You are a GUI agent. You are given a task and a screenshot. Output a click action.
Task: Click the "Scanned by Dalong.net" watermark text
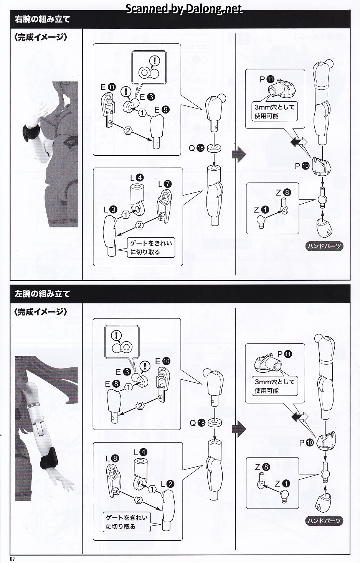tap(184, 9)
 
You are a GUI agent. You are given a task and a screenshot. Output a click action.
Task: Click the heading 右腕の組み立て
tap(42, 19)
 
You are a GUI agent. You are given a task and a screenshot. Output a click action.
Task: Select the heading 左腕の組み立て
tap(42, 294)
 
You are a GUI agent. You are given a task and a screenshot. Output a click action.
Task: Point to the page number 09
tap(13, 559)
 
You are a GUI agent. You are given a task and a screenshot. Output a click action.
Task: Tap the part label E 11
tap(108, 87)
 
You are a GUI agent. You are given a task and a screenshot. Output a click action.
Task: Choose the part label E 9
tap(161, 110)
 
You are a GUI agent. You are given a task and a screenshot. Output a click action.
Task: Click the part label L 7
tap(165, 184)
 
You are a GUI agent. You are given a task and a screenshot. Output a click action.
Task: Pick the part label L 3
tap(109, 209)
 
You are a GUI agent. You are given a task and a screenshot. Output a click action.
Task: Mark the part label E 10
tap(162, 361)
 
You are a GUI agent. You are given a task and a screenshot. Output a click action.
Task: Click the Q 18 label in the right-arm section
tap(196, 148)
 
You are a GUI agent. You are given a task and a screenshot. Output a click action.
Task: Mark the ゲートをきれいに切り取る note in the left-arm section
tap(126, 522)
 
